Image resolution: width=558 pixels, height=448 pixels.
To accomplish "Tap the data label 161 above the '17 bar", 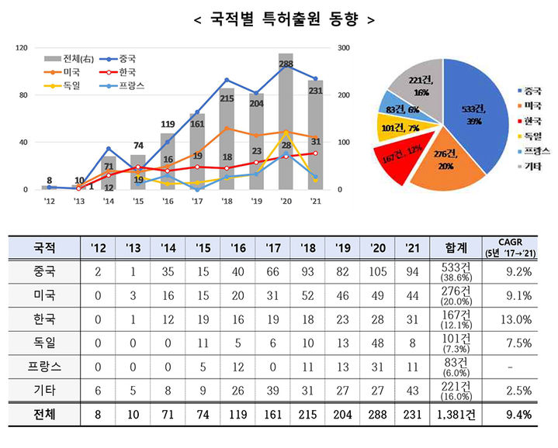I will tap(197, 123).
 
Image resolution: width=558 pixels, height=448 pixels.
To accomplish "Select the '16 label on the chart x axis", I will tap(168, 202).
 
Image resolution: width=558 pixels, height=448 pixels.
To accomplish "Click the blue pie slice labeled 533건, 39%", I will tap(475, 116).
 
